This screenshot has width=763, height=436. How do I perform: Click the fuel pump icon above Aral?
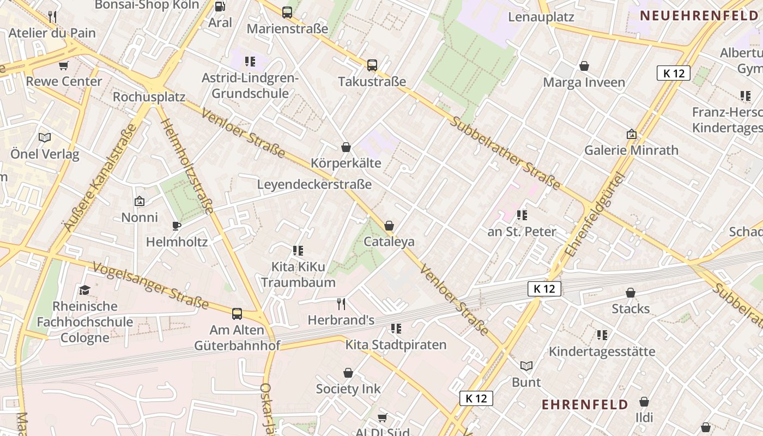click(x=220, y=7)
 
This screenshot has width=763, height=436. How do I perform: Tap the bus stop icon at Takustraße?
click(x=372, y=65)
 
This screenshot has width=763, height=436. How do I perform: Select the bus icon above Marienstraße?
click(x=287, y=12)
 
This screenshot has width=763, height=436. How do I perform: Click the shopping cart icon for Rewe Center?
click(x=64, y=66)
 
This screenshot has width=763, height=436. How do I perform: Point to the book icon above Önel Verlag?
click(x=45, y=138)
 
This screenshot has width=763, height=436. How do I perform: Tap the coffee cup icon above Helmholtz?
click(x=176, y=225)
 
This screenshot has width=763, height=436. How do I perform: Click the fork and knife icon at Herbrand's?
click(x=341, y=304)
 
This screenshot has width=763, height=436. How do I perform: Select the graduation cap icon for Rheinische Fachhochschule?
click(x=84, y=289)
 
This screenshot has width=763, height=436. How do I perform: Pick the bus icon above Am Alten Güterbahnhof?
click(x=237, y=313)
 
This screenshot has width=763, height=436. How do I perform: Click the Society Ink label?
click(x=348, y=389)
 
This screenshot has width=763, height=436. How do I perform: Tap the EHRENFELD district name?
click(x=585, y=404)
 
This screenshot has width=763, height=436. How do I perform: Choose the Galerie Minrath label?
click(x=631, y=150)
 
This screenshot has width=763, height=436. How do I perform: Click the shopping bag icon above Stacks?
click(x=631, y=293)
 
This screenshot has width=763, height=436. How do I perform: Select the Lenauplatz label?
click(x=541, y=17)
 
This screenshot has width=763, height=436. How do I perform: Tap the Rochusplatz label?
click(x=149, y=97)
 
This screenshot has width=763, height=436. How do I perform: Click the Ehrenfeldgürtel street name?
click(x=595, y=215)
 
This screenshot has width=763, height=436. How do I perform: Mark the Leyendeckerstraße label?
click(x=314, y=184)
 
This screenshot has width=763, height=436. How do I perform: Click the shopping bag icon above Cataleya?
click(x=389, y=226)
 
